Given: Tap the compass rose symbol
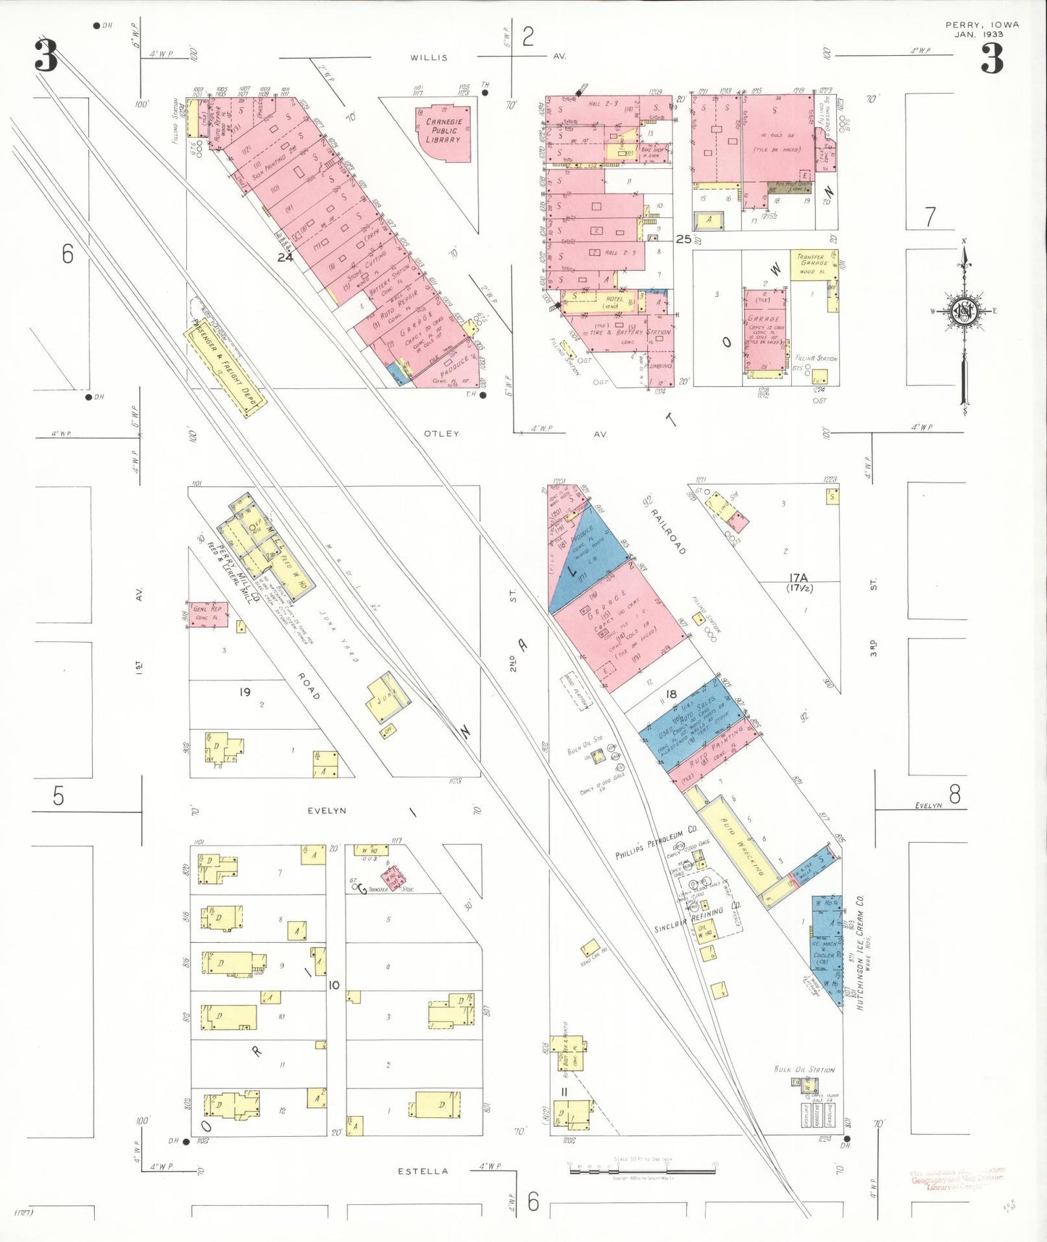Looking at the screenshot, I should [x=964, y=312].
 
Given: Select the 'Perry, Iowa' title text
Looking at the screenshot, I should [x=982, y=25].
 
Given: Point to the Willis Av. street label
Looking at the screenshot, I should [x=429, y=57].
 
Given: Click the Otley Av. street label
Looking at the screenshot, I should [x=441, y=433].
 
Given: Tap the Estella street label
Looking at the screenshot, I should [x=423, y=1171].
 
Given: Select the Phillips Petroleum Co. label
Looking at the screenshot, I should [x=656, y=843].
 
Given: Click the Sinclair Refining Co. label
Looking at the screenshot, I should [x=688, y=919].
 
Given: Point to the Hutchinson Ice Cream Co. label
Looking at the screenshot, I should [x=860, y=953].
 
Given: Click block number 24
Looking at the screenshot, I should [x=285, y=257].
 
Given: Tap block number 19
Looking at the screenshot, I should [x=245, y=692].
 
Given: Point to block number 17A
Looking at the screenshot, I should [x=798, y=578].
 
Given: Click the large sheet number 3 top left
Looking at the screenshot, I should [x=46, y=57].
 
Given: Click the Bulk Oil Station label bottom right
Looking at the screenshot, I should [x=804, y=1070].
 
